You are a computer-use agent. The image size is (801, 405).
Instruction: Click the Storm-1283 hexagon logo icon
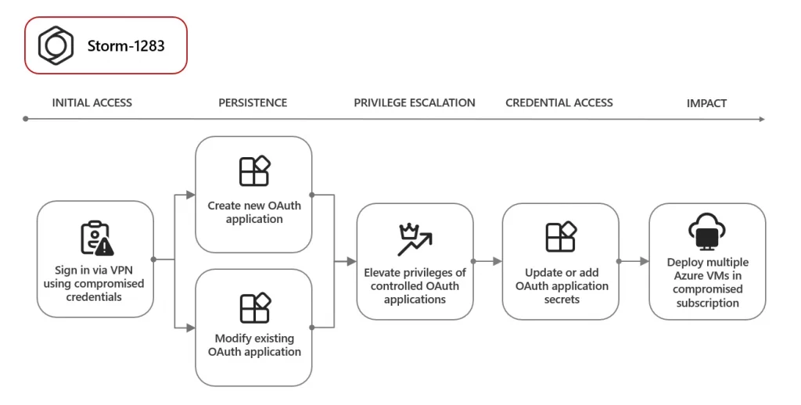56,45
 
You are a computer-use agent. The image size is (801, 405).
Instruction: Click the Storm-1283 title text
126,45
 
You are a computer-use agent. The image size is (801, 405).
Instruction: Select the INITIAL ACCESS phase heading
92,102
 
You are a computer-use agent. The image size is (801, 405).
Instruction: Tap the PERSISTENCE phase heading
252,102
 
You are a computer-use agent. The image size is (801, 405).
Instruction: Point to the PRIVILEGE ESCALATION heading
414,102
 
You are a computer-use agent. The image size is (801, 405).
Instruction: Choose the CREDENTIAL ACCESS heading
559,102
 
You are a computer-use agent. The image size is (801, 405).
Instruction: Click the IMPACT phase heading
706,102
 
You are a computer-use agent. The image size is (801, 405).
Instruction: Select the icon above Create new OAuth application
254,171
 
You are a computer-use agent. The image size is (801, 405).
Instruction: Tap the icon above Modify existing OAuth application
254,307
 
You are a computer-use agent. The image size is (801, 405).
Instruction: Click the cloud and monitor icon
707,231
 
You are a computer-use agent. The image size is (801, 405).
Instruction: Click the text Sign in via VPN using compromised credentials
95,282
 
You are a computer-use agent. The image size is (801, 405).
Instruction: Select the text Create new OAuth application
254,213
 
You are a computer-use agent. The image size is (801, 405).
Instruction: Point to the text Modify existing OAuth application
254,345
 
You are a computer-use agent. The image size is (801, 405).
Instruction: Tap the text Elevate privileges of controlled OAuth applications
415,285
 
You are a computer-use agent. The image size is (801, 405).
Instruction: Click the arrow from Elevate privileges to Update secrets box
487,261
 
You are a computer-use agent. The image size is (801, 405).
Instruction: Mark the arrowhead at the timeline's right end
761,119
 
